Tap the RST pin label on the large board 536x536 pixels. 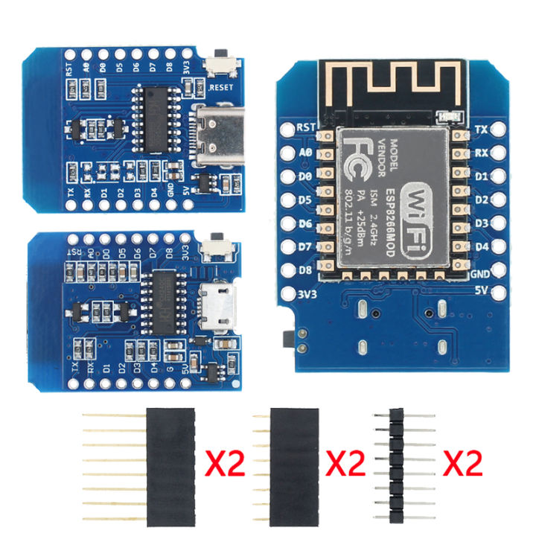[x=306, y=127]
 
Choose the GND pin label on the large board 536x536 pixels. [x=482, y=273]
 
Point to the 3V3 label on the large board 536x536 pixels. [x=307, y=293]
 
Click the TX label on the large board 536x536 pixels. [x=482, y=128]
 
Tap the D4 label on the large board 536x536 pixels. [x=482, y=247]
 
